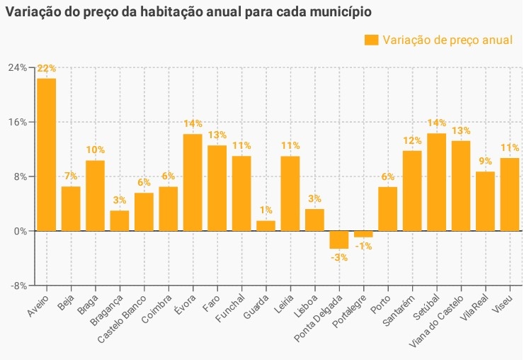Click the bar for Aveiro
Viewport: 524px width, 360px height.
(x=47, y=154)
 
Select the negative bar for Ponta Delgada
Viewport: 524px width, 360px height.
(x=339, y=240)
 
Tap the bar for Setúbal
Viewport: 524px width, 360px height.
(x=436, y=182)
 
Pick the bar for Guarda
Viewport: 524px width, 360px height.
(x=266, y=225)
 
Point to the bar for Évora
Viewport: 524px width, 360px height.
(x=193, y=182)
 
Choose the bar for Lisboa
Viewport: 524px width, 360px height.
(x=314, y=220)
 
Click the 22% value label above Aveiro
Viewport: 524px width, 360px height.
(x=47, y=69)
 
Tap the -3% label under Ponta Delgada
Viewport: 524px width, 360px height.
(x=339, y=257)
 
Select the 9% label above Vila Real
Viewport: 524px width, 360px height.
(x=485, y=162)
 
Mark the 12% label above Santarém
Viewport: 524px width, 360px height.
(x=412, y=140)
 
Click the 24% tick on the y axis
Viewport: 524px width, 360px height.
(x=17, y=67)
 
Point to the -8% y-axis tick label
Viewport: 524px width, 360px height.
(x=17, y=286)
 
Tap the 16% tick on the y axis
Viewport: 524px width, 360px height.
(x=17, y=122)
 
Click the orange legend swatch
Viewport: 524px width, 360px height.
(x=371, y=40)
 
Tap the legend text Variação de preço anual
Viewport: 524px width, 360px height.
(x=448, y=40)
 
